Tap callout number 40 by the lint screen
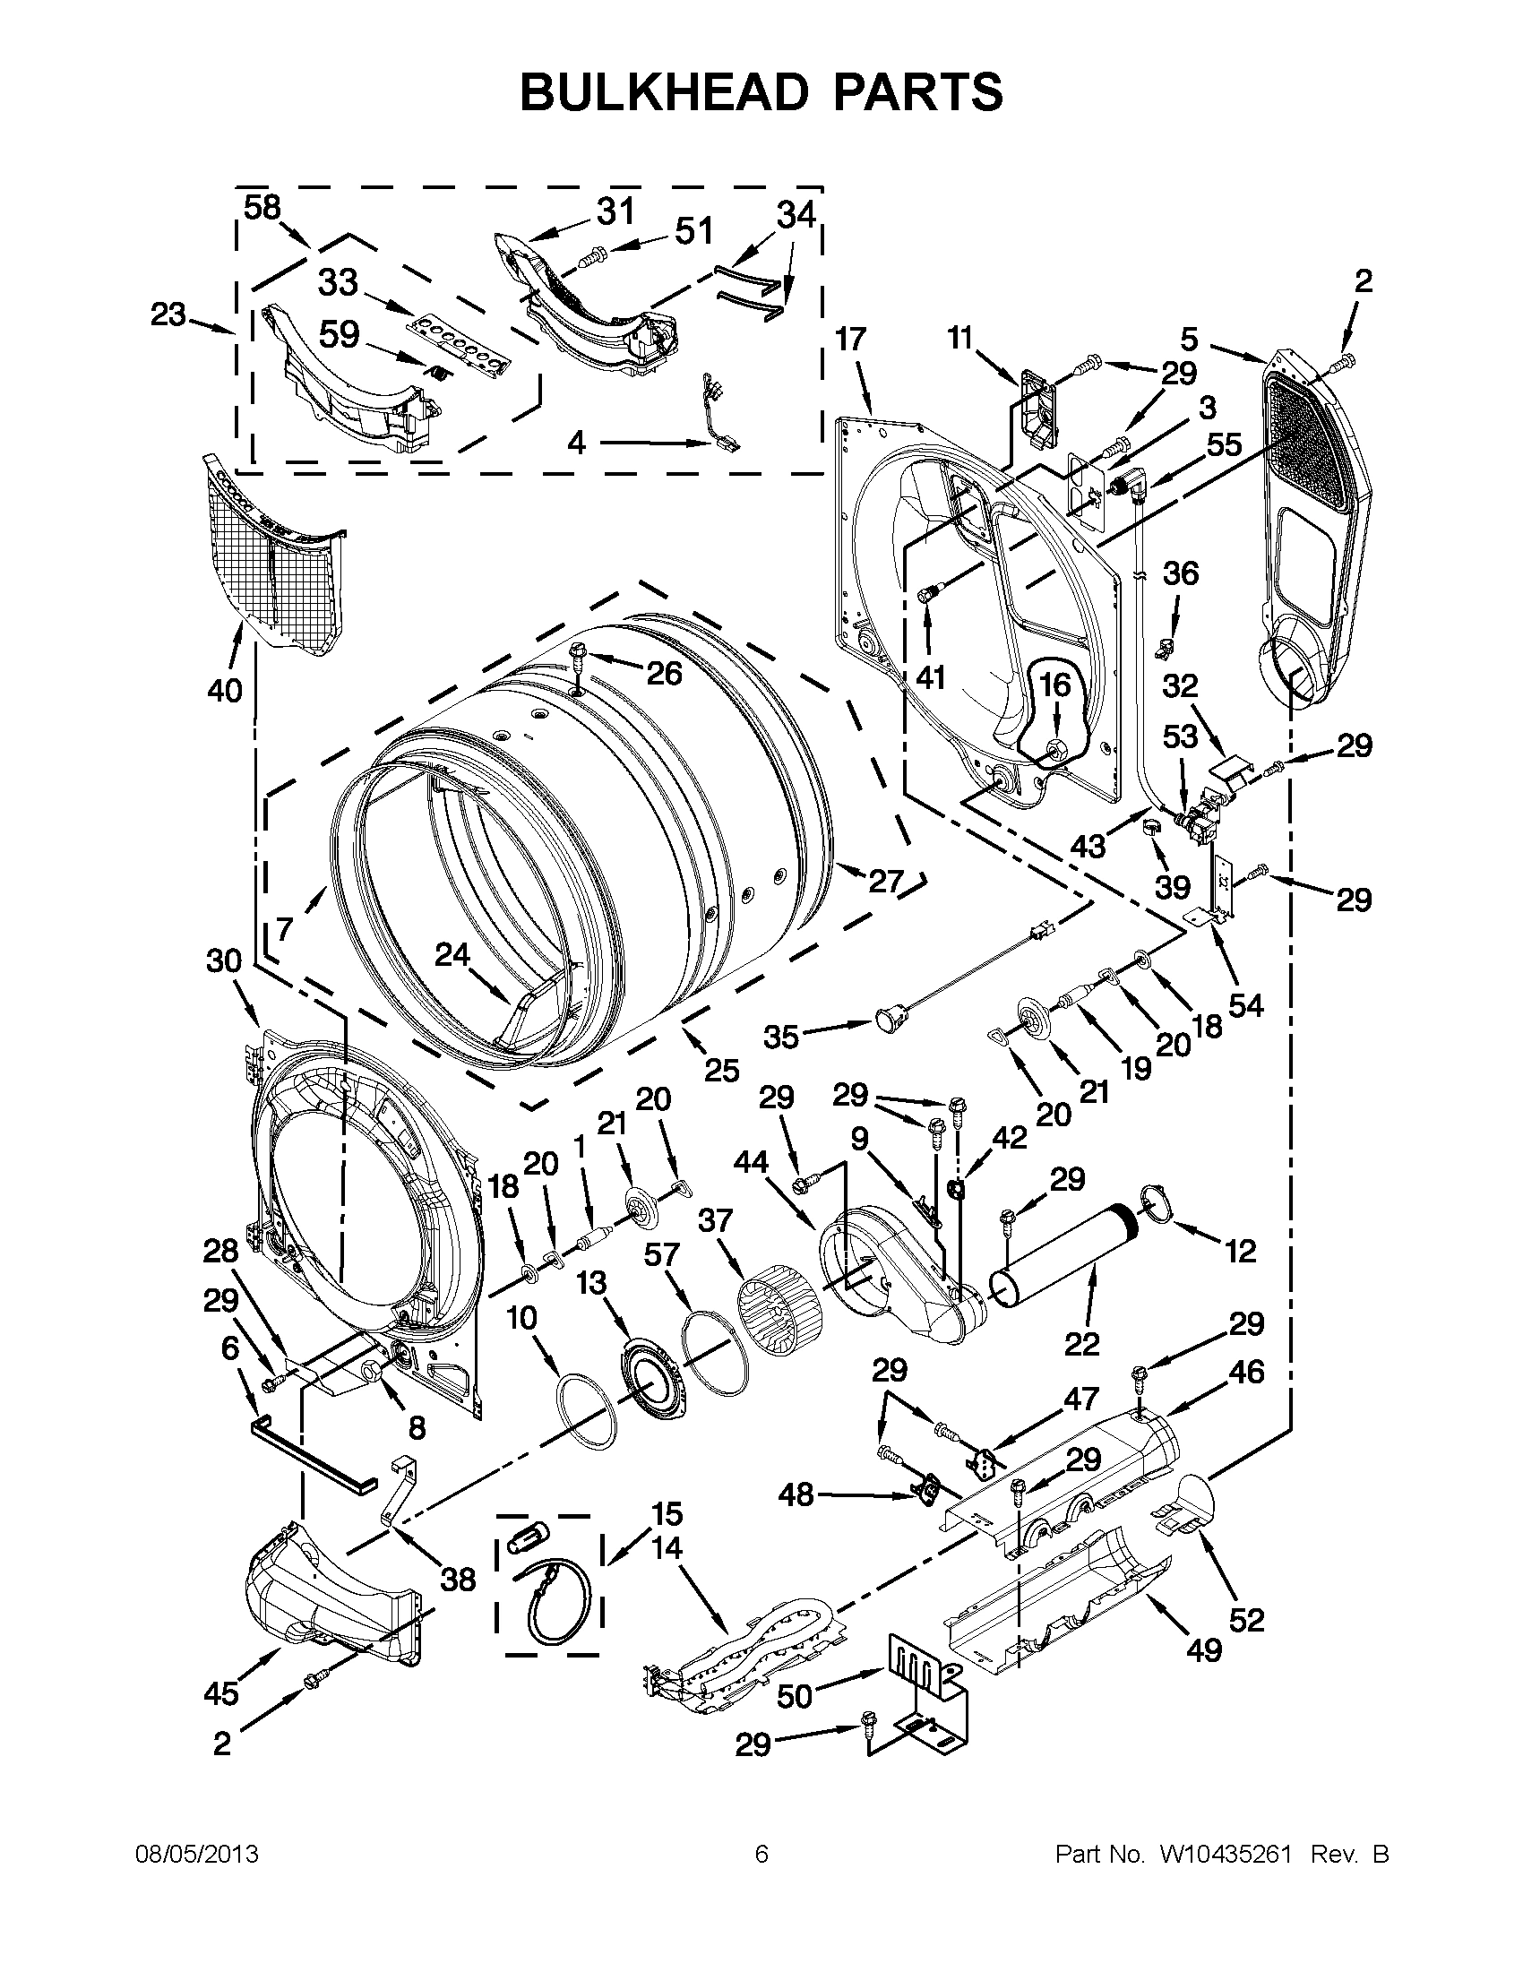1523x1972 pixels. pos(224,691)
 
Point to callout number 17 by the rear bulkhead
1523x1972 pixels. pos(849,340)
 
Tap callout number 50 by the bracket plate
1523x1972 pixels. pos(796,1697)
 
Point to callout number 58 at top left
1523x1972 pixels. pos(262,209)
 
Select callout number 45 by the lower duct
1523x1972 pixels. pos(220,1693)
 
